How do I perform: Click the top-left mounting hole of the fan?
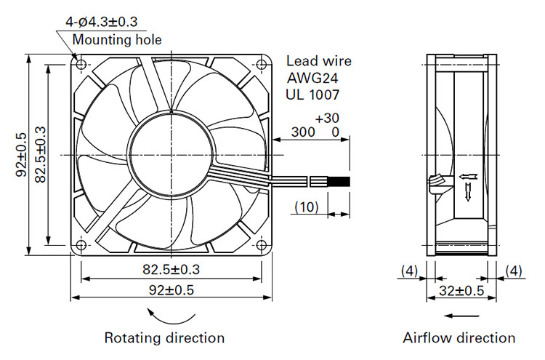click(81, 64)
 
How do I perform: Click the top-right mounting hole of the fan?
click(262, 64)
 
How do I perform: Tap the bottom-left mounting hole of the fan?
click(81, 245)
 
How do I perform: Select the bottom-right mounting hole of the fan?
click(262, 245)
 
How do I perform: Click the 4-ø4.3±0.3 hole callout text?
click(102, 22)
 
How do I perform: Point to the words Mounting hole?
click(117, 40)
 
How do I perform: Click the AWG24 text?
click(312, 78)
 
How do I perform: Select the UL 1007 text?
click(312, 95)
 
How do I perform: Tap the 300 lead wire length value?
click(303, 132)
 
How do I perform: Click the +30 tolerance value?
click(327, 119)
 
